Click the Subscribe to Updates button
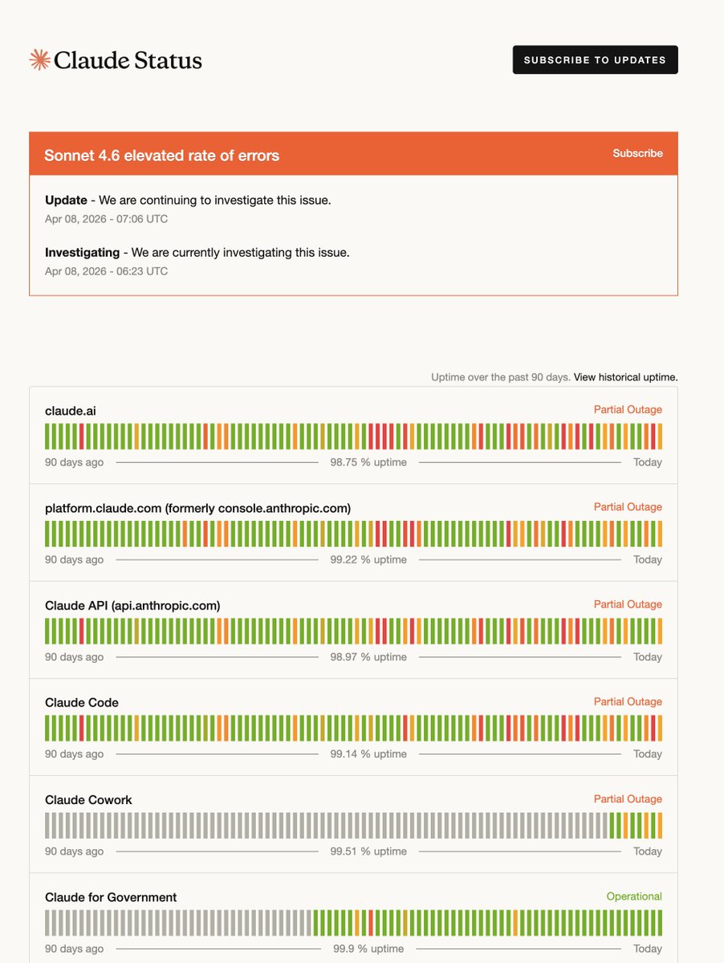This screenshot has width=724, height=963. (x=595, y=59)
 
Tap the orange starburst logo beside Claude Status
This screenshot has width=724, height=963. (x=39, y=59)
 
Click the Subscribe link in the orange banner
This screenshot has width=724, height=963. (x=637, y=153)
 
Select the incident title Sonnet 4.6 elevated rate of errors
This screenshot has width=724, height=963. (x=161, y=156)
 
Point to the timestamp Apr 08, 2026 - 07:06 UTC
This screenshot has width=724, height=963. (x=106, y=219)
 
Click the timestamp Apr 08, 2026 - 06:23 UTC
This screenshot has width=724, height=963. (x=106, y=271)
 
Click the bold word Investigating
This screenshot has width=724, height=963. (x=82, y=252)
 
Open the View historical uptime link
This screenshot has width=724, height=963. (x=625, y=377)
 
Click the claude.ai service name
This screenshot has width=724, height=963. (x=70, y=411)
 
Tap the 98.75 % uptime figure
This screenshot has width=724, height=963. (x=368, y=462)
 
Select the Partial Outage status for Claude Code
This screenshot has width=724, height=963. (x=628, y=701)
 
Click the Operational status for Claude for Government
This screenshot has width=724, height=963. (x=634, y=896)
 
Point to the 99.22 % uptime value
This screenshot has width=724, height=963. (x=368, y=559)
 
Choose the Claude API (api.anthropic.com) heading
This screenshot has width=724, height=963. (x=132, y=605)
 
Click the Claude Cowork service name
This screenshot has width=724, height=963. (x=88, y=800)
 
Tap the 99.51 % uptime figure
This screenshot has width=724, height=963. (x=368, y=851)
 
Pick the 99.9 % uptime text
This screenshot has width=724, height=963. (x=368, y=949)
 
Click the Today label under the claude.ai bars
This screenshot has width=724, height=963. (x=648, y=462)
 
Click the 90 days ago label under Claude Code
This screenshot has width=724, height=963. (x=74, y=754)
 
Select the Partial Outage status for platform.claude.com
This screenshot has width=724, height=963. (x=628, y=506)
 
